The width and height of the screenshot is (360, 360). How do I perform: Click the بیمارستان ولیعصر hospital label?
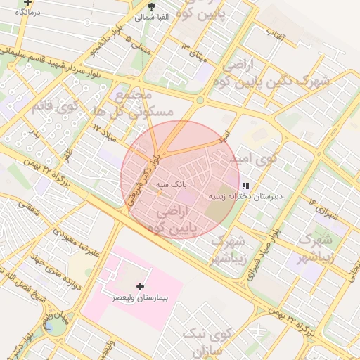pyautogui.click(x=141, y=297)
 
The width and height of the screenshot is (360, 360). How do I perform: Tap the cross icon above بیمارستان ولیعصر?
pyautogui.click(x=141, y=286)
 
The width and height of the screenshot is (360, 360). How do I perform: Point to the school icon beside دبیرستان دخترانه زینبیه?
pyautogui.click(x=245, y=186)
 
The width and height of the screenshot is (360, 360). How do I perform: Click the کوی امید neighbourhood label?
pyautogui.click(x=254, y=158)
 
